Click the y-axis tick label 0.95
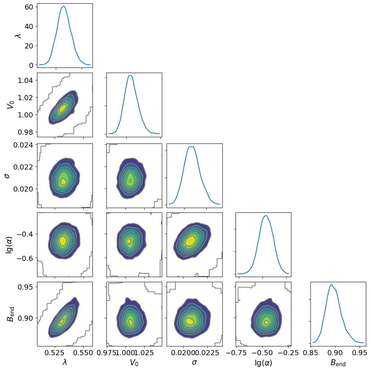point(25,287)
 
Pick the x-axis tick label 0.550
point(84,353)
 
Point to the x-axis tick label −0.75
point(239,353)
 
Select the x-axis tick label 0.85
point(311,353)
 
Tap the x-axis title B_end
point(338,363)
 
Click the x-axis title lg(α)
point(263,363)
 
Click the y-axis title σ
point(7,175)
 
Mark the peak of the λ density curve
point(64,6)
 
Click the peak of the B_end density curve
point(331,284)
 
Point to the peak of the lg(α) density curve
point(266,215)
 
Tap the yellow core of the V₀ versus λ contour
point(63,108)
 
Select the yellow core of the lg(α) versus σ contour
point(190,241)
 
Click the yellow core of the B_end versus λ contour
point(62,321)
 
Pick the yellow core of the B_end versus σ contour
point(189,321)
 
